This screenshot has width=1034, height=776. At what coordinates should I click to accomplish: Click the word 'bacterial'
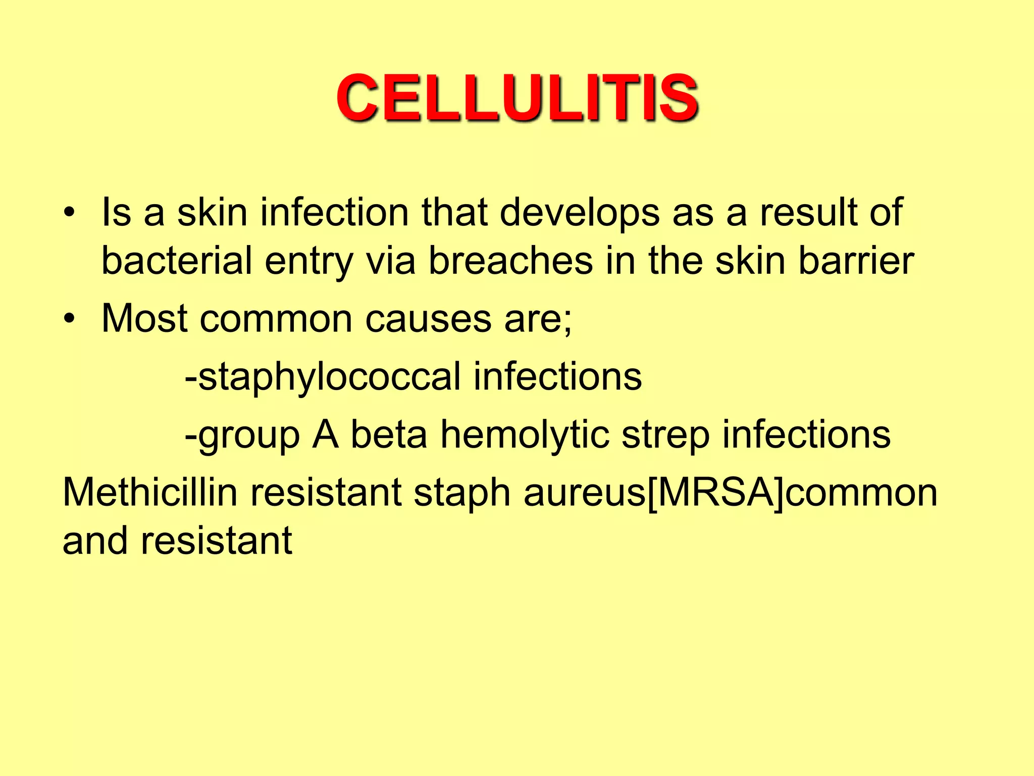[x=177, y=261]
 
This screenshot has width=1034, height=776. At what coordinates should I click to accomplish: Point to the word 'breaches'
[x=510, y=261]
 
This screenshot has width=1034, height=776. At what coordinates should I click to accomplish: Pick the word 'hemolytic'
[x=525, y=434]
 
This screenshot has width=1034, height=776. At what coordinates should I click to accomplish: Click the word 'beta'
[x=389, y=434]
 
